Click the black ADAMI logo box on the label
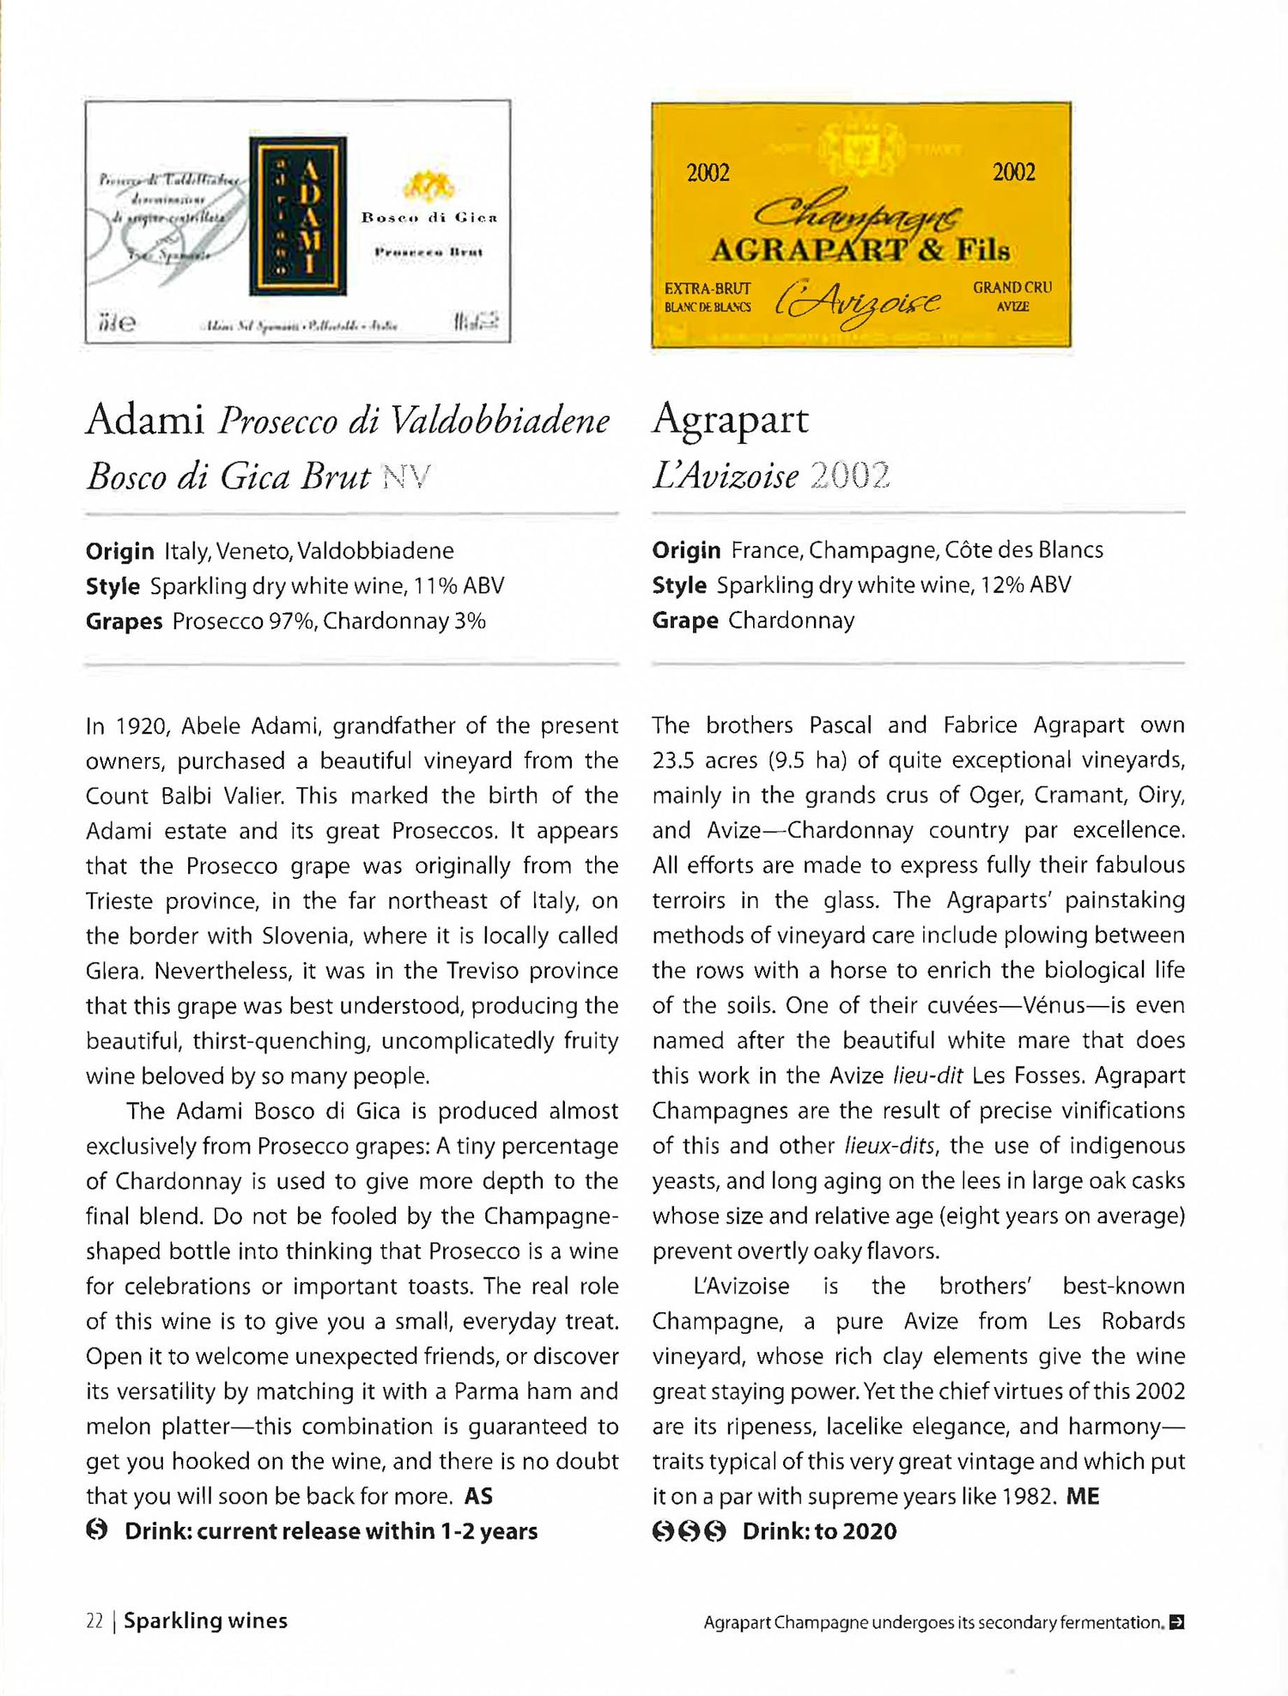point(298,215)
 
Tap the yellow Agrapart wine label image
point(860,225)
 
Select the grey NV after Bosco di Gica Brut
point(405,476)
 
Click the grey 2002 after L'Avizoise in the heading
point(849,475)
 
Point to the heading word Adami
point(144,420)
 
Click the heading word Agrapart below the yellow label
point(730,420)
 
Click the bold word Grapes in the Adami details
point(124,621)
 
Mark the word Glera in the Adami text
point(113,972)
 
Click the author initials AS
point(478,1497)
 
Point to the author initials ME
point(1082,1497)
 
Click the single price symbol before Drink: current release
point(97,1530)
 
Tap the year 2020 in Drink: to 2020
point(869,1531)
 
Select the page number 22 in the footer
point(94,1621)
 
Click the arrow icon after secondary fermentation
point(1176,1622)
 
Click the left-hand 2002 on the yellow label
point(708,173)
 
